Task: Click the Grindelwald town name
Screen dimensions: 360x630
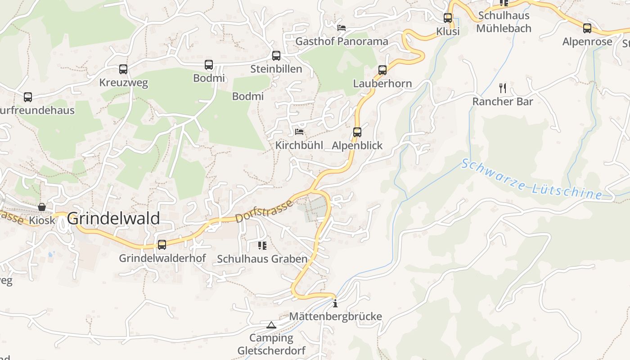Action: pos(113,219)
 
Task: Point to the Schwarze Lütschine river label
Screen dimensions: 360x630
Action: pos(531,179)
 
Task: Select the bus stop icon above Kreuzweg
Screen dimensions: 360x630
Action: pos(123,69)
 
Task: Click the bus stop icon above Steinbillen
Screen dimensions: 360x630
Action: pos(276,56)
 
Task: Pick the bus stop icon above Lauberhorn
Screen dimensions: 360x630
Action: pos(382,70)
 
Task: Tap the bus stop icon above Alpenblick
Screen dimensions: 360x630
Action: pos(357,132)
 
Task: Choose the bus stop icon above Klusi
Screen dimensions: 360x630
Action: pos(448,18)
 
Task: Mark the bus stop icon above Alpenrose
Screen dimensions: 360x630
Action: pos(587,28)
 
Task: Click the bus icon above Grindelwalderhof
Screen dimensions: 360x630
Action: pos(162,245)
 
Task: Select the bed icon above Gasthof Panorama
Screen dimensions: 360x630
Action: pos(342,28)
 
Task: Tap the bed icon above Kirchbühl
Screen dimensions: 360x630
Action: pos(299,132)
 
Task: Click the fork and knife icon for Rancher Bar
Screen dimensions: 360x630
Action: pos(503,88)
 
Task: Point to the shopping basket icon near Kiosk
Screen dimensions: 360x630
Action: pos(42,207)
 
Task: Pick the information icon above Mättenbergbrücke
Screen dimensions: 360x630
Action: pos(335,303)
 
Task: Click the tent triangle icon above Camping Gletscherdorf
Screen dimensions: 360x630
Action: pos(271,325)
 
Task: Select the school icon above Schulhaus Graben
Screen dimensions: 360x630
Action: pos(262,246)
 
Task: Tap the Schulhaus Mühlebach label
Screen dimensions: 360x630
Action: pos(504,22)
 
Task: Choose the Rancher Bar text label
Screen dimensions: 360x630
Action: pos(503,102)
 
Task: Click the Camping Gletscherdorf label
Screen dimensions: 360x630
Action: pos(271,344)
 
